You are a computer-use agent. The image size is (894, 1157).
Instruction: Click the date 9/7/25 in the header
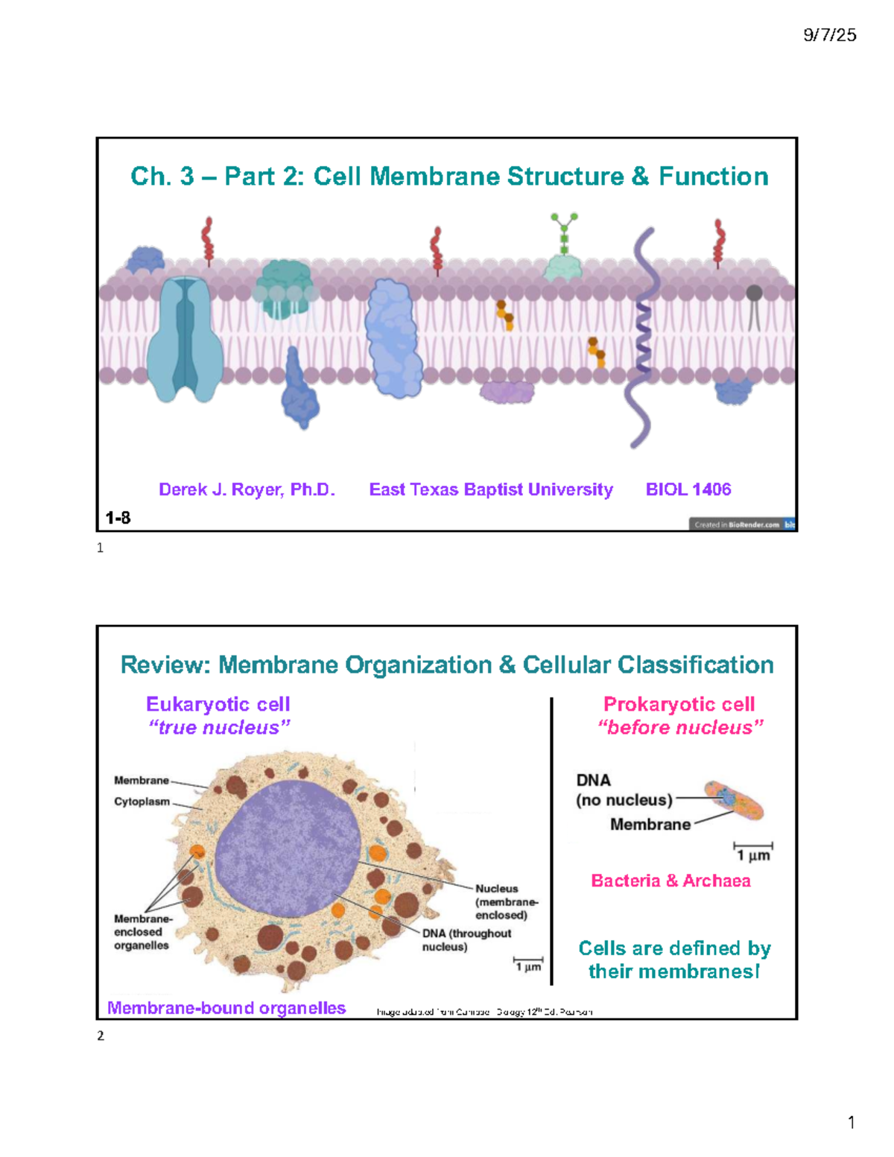(829, 35)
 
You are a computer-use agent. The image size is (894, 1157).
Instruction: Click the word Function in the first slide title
(713, 177)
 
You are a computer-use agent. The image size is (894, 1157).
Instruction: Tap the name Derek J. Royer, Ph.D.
(247, 489)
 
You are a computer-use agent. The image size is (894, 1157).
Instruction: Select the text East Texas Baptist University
(491, 489)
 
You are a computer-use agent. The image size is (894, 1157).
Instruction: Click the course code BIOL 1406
(688, 489)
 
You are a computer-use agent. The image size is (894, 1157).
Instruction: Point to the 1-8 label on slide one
(118, 518)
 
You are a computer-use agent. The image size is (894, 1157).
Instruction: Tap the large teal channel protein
(185, 339)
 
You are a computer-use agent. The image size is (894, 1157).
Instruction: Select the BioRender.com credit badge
(741, 524)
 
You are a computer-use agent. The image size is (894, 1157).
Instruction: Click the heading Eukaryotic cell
(218, 704)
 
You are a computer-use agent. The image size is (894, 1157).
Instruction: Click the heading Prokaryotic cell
(679, 704)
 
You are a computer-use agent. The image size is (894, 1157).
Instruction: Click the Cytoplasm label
(142, 802)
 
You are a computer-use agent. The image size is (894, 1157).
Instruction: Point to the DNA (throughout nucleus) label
(466, 939)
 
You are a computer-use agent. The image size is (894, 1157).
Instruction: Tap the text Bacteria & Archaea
(670, 881)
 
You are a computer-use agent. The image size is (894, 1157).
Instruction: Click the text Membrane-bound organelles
(226, 1008)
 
